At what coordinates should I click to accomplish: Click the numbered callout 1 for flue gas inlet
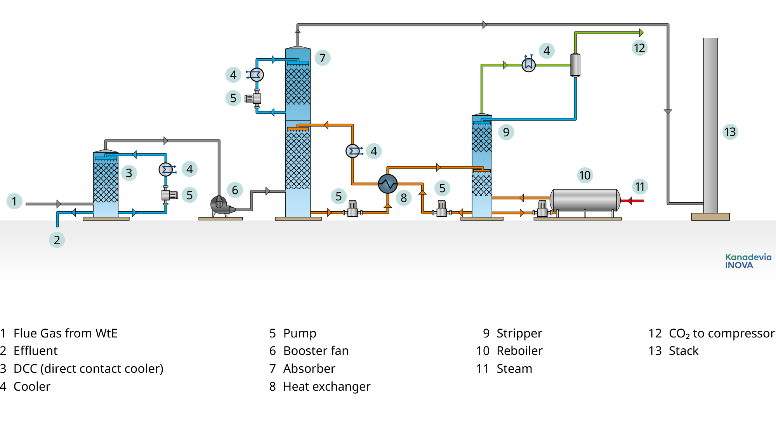[x=14, y=201]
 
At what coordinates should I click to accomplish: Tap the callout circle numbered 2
[x=57, y=240]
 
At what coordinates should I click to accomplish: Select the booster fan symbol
[x=220, y=205]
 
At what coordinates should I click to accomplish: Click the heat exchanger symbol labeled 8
[x=387, y=184]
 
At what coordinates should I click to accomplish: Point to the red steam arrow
[x=633, y=201]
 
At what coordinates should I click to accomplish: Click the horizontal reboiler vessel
[x=585, y=200]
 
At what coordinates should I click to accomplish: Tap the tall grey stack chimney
[x=710, y=124]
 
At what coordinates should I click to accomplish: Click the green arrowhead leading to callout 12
[x=641, y=33]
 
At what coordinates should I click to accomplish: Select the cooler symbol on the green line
[x=528, y=65]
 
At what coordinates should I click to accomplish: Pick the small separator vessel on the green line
[x=575, y=65]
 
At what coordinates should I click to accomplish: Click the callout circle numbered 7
[x=323, y=58]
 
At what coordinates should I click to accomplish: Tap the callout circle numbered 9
[x=506, y=132]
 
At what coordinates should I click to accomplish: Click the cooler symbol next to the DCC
[x=166, y=169]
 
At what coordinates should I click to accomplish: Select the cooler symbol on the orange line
[x=352, y=151]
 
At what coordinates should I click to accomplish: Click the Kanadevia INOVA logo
[x=748, y=261]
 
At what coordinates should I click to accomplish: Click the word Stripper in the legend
[x=519, y=333]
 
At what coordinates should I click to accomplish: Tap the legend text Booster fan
[x=316, y=351]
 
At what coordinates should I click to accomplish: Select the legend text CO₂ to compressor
[x=721, y=333]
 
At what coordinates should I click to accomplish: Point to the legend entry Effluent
[x=35, y=351]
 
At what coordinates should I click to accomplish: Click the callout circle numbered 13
[x=730, y=132]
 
